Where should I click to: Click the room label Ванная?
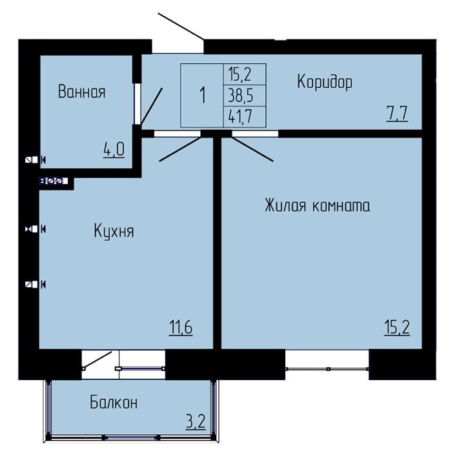point(81,92)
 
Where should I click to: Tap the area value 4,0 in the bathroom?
point(114,150)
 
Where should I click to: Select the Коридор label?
point(325,81)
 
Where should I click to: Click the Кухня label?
point(114,231)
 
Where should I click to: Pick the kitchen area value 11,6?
point(181,327)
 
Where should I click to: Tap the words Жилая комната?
point(318,205)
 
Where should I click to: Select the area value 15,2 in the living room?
point(397,328)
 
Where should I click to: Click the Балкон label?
point(114,403)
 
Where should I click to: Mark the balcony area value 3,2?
point(196,421)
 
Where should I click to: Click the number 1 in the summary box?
point(203,95)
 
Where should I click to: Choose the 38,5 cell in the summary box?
point(241,96)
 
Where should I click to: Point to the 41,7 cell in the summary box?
point(241,117)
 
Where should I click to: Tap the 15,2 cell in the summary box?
point(240,74)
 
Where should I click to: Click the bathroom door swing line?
point(152,105)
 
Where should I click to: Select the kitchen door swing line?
point(180,149)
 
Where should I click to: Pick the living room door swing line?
point(252,149)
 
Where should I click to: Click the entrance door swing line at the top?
point(181,26)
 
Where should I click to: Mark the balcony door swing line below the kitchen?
point(97,360)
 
